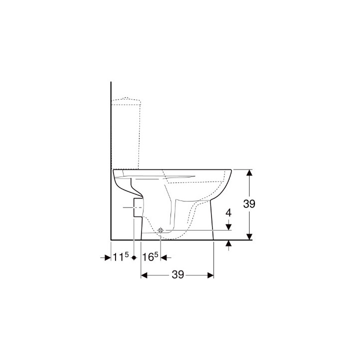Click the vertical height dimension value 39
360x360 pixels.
tap(249, 204)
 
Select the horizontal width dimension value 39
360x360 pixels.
tap(178, 274)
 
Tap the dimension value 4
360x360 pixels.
tap(228, 212)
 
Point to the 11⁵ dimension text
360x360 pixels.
tap(121, 257)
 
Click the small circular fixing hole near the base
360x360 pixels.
tap(160, 230)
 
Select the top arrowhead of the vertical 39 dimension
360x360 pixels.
tap(249, 172)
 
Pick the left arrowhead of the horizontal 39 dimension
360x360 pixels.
tap(144, 275)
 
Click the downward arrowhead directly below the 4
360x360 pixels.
tap(228, 226)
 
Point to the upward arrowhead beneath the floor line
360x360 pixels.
tap(228, 243)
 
